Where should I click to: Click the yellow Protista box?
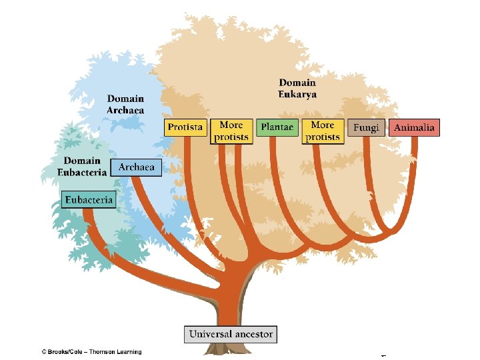pyautogui.click(x=185, y=127)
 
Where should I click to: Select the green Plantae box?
pyautogui.click(x=277, y=127)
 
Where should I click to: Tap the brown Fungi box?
pyautogui.click(x=365, y=127)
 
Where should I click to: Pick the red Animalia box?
pyautogui.click(x=415, y=127)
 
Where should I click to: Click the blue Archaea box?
pyautogui.click(x=136, y=167)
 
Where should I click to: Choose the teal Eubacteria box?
pyautogui.click(x=89, y=199)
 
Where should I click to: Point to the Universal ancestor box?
pyautogui.click(x=231, y=333)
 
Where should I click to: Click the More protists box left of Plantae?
pyautogui.click(x=231, y=131)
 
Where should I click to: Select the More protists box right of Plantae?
pyautogui.click(x=323, y=131)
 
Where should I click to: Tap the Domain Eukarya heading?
pyautogui.click(x=297, y=89)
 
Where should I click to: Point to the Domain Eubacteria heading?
pyautogui.click(x=83, y=167)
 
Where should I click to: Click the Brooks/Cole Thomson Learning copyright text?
pyautogui.click(x=91, y=352)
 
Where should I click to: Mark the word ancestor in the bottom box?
pyautogui.click(x=252, y=334)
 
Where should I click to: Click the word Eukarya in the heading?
pyautogui.click(x=297, y=94)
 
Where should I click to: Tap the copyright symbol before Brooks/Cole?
pyautogui.click(x=43, y=352)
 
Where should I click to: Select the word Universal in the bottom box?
pyautogui.click(x=209, y=333)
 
